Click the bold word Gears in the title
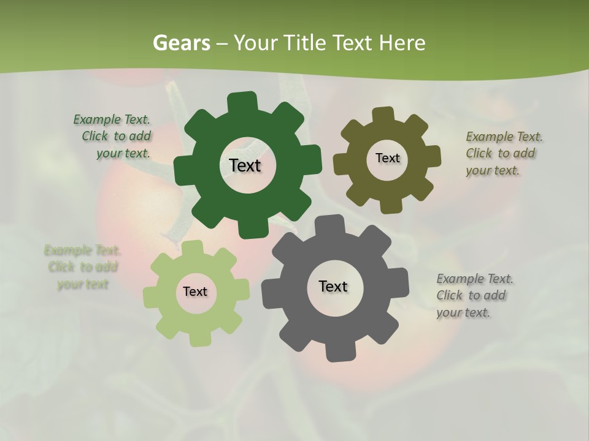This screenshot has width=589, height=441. (x=181, y=43)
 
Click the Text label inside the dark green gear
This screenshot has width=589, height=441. (x=245, y=165)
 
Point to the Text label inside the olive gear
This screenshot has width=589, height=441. (x=387, y=158)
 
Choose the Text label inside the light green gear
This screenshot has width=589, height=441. (x=195, y=292)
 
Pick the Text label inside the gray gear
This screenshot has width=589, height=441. (x=333, y=287)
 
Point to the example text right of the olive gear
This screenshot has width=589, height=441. (x=503, y=153)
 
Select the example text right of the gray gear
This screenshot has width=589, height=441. (x=474, y=295)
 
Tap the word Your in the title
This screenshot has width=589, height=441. (x=257, y=43)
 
